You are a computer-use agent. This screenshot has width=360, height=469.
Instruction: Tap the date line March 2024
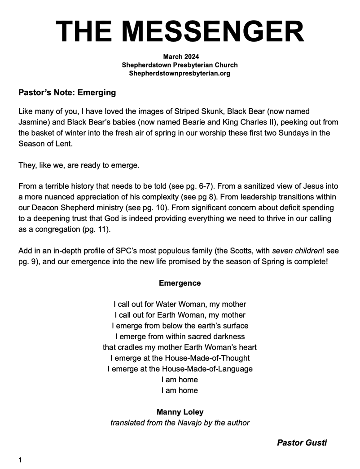(x=180, y=57)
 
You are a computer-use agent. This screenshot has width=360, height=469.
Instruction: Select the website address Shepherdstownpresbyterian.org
(x=180, y=73)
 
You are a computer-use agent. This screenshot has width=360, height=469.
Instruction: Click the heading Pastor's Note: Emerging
(x=67, y=93)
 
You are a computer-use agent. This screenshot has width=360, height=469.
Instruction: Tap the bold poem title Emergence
(x=180, y=283)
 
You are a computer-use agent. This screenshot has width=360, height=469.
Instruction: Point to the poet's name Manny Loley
(x=180, y=412)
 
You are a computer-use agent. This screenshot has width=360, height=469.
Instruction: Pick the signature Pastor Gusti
(x=302, y=443)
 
